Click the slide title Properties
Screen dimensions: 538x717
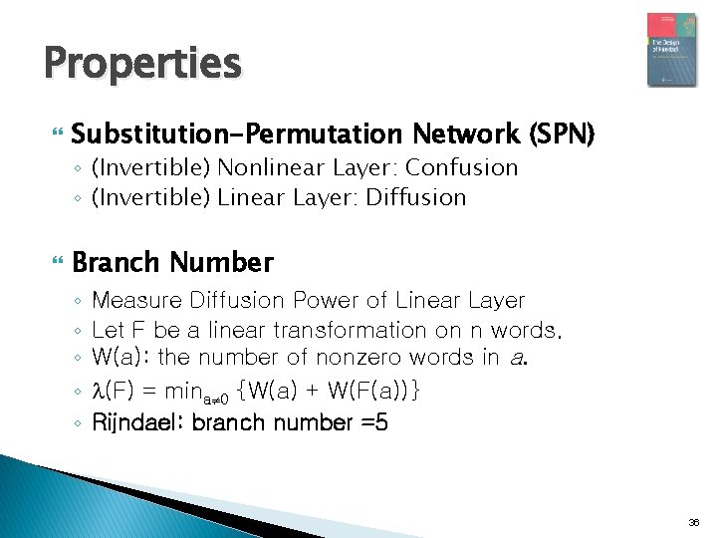tap(142, 64)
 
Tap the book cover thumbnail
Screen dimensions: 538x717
tap(671, 50)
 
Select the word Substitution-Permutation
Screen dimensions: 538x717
tap(236, 134)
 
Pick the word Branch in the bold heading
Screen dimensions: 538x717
tap(116, 263)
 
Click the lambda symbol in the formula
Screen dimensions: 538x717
tap(97, 391)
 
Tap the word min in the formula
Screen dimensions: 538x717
tap(190, 391)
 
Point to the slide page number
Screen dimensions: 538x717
tap(694, 522)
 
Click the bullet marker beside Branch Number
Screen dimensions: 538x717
tap(53, 264)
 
